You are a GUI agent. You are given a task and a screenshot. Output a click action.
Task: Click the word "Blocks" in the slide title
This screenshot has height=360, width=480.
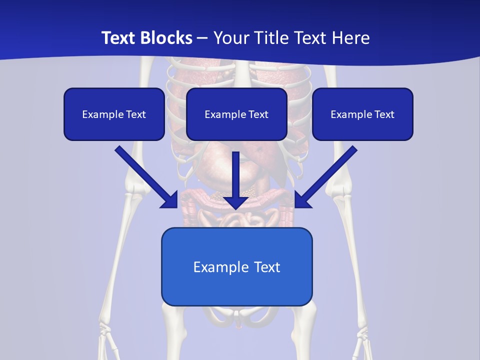coord(167,38)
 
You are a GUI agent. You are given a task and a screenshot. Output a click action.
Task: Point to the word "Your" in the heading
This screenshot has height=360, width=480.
coord(229,38)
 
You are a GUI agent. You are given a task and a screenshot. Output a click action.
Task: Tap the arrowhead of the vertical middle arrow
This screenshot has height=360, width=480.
coord(236,201)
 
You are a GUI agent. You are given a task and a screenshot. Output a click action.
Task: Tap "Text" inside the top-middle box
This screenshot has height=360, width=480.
coord(258,114)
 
